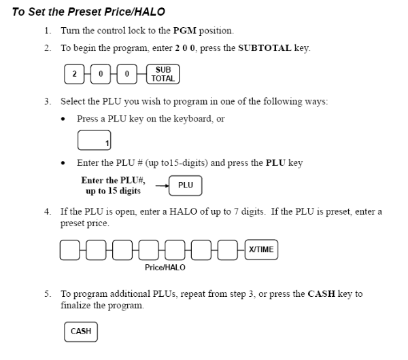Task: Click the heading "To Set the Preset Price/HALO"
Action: point(88,12)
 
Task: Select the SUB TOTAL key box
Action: point(163,74)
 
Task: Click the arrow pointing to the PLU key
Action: point(162,185)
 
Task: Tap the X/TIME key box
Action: point(261,249)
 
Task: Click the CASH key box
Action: point(81,331)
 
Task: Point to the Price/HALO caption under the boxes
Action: point(165,268)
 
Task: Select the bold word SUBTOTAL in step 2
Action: point(265,48)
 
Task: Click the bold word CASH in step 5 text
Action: point(321,294)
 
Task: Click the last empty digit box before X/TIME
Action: point(228,249)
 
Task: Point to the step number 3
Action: point(48,101)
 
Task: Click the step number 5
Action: point(48,294)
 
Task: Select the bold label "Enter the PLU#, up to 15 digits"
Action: point(113,185)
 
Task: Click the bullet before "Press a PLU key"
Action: point(64,119)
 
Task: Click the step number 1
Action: point(48,31)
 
